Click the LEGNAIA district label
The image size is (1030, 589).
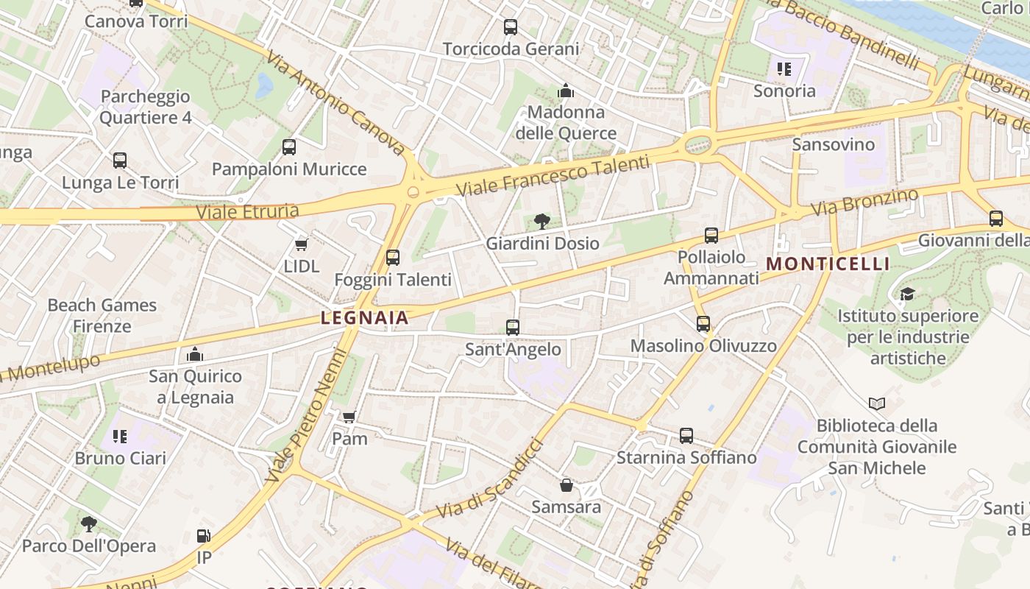(x=364, y=318)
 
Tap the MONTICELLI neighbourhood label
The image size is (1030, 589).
(x=828, y=264)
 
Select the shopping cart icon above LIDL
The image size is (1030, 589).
(x=301, y=244)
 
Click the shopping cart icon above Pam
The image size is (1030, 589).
(x=349, y=417)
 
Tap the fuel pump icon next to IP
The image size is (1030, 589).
(x=204, y=536)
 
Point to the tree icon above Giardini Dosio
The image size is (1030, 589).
(x=542, y=221)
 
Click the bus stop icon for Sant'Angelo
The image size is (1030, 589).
(x=513, y=328)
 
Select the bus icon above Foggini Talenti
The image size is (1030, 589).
(x=393, y=258)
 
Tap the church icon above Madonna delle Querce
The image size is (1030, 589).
(x=566, y=91)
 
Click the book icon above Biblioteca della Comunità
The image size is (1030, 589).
(x=876, y=403)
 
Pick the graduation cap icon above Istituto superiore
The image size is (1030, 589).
(x=907, y=294)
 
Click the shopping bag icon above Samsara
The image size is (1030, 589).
(x=566, y=485)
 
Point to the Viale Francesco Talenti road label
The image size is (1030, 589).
(x=553, y=177)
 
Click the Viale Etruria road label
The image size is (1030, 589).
(x=247, y=212)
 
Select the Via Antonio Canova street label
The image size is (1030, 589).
(x=335, y=103)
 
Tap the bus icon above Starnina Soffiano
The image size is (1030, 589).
(x=686, y=436)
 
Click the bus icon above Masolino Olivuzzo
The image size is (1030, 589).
(x=703, y=324)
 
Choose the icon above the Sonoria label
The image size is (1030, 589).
(x=784, y=69)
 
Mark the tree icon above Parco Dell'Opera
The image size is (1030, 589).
(x=89, y=524)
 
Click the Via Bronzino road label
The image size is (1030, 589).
(x=864, y=202)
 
